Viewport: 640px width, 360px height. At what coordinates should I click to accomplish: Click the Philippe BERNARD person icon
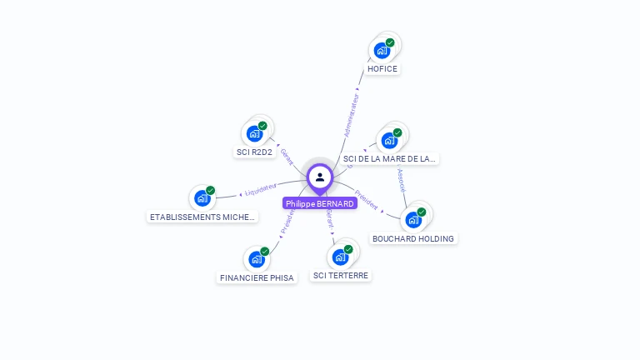click(320, 177)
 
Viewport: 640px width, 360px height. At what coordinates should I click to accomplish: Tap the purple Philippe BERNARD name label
click(320, 203)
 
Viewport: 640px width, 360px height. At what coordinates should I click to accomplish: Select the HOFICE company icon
click(382, 50)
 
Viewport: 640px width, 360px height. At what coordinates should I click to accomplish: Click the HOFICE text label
click(382, 69)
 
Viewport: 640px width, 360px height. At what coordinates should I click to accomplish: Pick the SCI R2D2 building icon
click(254, 133)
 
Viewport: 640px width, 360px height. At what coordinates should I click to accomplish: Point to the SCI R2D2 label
click(254, 152)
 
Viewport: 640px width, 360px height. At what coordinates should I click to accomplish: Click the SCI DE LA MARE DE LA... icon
click(389, 140)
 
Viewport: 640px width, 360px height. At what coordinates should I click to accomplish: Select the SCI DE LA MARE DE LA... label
click(389, 158)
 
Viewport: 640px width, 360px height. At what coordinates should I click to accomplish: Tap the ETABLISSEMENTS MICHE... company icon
click(202, 197)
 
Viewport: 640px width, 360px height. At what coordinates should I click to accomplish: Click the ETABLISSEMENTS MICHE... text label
click(202, 217)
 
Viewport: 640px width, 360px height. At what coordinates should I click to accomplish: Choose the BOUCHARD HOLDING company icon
click(412, 220)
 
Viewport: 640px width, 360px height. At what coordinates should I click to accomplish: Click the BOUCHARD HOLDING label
click(413, 238)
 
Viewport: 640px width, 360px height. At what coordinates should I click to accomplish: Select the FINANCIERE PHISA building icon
click(256, 259)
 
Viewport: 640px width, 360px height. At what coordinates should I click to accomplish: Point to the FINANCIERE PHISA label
click(257, 277)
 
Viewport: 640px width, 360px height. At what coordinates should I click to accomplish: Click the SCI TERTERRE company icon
click(340, 257)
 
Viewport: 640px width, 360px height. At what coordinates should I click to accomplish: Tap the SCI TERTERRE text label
click(340, 275)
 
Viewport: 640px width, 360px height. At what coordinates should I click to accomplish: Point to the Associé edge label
click(401, 180)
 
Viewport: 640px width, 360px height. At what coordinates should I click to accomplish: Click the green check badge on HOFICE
click(390, 42)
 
